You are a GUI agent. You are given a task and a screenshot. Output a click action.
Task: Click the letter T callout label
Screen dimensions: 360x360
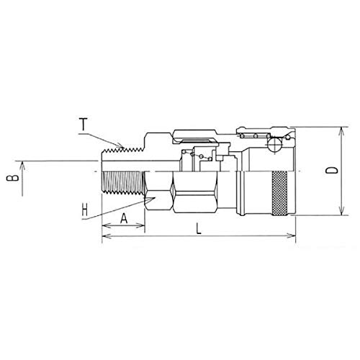pos(84,125)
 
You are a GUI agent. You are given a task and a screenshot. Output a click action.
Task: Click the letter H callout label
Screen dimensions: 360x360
pos(84,210)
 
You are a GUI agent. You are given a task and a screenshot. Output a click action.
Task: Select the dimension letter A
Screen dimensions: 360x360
pos(124,218)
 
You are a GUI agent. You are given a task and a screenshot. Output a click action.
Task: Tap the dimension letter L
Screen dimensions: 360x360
pos(199,228)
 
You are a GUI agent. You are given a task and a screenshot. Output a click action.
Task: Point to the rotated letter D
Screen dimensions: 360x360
pos(332,170)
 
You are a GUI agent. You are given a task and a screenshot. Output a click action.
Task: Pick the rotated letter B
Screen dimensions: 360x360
pos(12,178)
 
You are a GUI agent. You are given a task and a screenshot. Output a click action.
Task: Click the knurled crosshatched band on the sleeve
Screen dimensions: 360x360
pos(279,194)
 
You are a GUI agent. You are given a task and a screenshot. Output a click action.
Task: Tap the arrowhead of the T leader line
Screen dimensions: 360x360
pos(121,145)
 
